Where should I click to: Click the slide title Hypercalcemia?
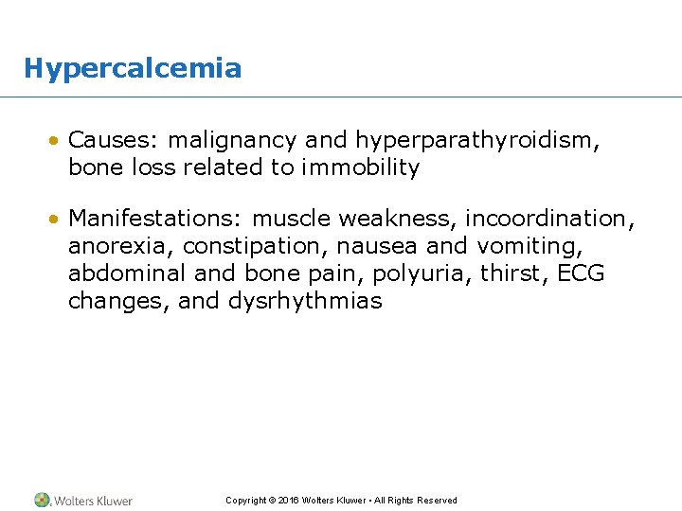(x=133, y=68)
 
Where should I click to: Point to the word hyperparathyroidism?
(x=477, y=141)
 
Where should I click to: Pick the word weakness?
(x=402, y=219)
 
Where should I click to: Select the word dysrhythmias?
(x=305, y=302)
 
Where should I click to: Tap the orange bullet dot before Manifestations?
(x=57, y=220)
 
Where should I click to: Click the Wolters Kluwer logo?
(x=83, y=500)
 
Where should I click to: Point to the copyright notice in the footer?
(x=341, y=500)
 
